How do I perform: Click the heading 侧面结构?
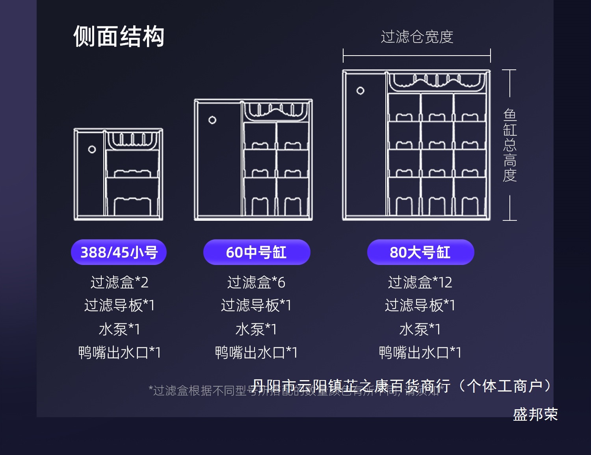[x=119, y=37]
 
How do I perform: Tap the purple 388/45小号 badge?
[x=119, y=252]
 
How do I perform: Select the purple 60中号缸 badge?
[x=256, y=252]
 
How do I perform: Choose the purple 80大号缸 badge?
[x=420, y=252]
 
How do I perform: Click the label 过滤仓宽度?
[x=417, y=37]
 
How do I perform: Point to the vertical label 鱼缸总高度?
[x=510, y=145]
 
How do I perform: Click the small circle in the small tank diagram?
[x=92, y=149]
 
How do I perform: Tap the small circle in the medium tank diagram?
[x=212, y=120]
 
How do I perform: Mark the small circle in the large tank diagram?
[x=360, y=91]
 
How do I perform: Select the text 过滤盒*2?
[x=119, y=282]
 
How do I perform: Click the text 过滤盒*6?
[x=256, y=282]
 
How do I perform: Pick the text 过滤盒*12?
[x=420, y=282]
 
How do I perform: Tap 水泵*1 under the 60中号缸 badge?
[x=256, y=329]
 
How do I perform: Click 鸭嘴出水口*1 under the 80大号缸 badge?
[x=420, y=352]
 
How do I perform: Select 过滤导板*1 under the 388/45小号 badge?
[x=119, y=305]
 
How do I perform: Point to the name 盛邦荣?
[x=535, y=414]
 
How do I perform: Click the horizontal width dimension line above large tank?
[x=417, y=56]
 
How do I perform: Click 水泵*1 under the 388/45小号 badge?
[x=119, y=329]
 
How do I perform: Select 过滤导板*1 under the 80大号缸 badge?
[x=420, y=305]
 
